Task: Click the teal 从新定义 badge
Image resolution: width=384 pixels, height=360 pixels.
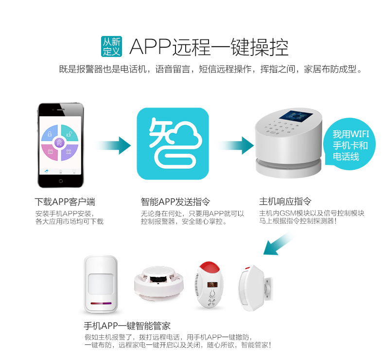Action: pos(111,47)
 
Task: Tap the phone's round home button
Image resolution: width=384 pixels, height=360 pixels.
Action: pos(61,181)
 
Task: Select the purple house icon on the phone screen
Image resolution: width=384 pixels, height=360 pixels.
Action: pos(59,142)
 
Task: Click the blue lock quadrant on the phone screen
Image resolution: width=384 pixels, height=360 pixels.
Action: pos(50,133)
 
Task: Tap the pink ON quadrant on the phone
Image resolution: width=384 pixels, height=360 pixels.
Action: pos(50,152)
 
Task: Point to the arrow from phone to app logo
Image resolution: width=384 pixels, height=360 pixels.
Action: pos(113,145)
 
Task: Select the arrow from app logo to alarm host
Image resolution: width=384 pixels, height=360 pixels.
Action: pos(236,145)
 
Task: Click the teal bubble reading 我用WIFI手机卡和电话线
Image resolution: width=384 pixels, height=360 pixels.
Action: pos(349,144)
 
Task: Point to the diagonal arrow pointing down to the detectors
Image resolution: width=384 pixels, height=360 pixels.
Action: pos(279,243)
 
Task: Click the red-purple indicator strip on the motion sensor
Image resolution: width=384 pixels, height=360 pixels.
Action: pos(101,304)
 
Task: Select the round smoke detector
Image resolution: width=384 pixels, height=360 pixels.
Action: pos(158,282)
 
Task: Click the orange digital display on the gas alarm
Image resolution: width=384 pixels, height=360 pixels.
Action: pos(212,285)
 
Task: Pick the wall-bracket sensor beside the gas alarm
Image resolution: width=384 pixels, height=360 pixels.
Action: pos(255,288)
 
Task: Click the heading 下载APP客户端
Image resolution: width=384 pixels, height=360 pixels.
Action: pos(65,202)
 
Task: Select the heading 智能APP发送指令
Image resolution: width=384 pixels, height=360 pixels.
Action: pos(175,202)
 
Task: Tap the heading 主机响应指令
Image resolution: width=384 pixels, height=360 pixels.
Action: pos(285,201)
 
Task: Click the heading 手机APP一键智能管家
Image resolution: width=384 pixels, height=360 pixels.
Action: pos(127,326)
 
